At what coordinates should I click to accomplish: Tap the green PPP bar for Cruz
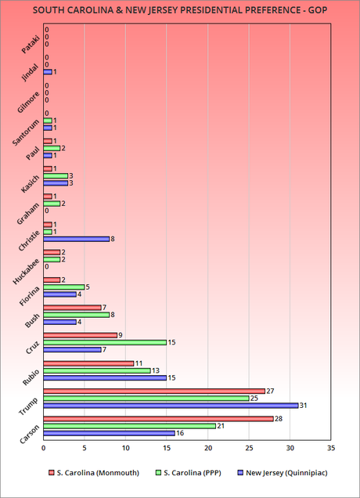[x=105, y=341]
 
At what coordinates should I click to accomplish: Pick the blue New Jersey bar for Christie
[x=76, y=239]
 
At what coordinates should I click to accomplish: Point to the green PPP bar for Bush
[x=76, y=314]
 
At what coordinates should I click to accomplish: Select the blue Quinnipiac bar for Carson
[x=109, y=432]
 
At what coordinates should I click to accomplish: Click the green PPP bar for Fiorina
[x=63, y=287]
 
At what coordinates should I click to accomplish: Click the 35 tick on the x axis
[x=330, y=448]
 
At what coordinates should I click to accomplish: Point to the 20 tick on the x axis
[x=207, y=448]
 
